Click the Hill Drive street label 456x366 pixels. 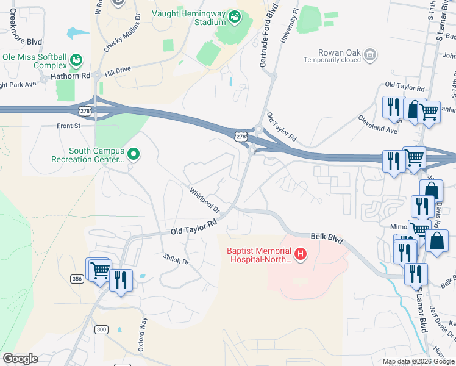click(x=118, y=71)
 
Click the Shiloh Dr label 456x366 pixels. click(x=176, y=259)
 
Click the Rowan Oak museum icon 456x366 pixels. click(x=369, y=56)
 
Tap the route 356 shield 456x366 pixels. click(x=77, y=279)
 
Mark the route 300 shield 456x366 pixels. click(x=101, y=329)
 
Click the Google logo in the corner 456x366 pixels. click(x=20, y=359)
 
